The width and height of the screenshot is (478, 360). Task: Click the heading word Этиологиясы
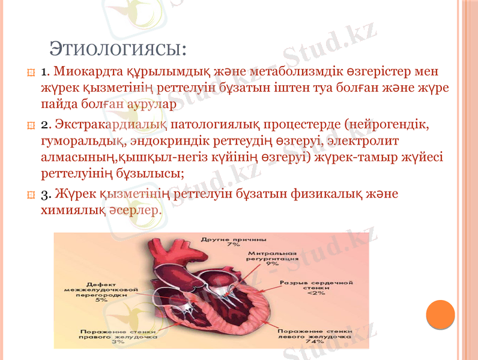point(117,47)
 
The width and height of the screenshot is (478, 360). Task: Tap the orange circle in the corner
point(440,314)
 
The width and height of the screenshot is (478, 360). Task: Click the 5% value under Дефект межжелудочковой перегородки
point(101,299)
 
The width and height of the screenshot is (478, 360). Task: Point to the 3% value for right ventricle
point(117,342)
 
